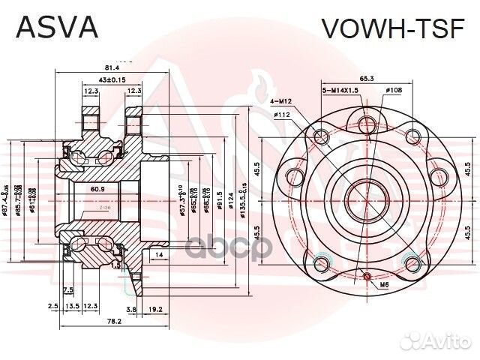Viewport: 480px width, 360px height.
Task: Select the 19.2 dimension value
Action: (156, 307)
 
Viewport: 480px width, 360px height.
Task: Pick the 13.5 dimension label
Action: (73, 307)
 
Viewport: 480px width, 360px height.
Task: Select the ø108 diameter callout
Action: (394, 91)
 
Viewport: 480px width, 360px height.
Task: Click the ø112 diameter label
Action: (282, 114)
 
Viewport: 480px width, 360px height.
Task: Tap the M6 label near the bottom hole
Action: (383, 285)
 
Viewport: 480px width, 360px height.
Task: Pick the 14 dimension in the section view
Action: (160, 256)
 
